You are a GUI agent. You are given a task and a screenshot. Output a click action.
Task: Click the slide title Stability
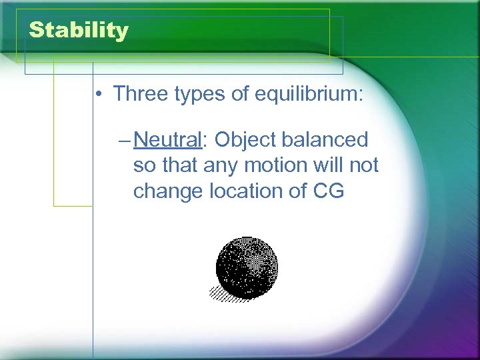(x=79, y=31)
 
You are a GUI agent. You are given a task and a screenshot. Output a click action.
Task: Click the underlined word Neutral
(x=167, y=140)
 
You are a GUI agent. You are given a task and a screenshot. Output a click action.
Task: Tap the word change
(x=168, y=191)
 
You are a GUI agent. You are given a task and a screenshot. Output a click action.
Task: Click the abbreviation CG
(x=329, y=191)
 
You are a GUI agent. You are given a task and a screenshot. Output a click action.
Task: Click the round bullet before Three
(x=98, y=95)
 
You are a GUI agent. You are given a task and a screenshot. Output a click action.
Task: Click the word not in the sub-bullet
(x=365, y=165)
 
